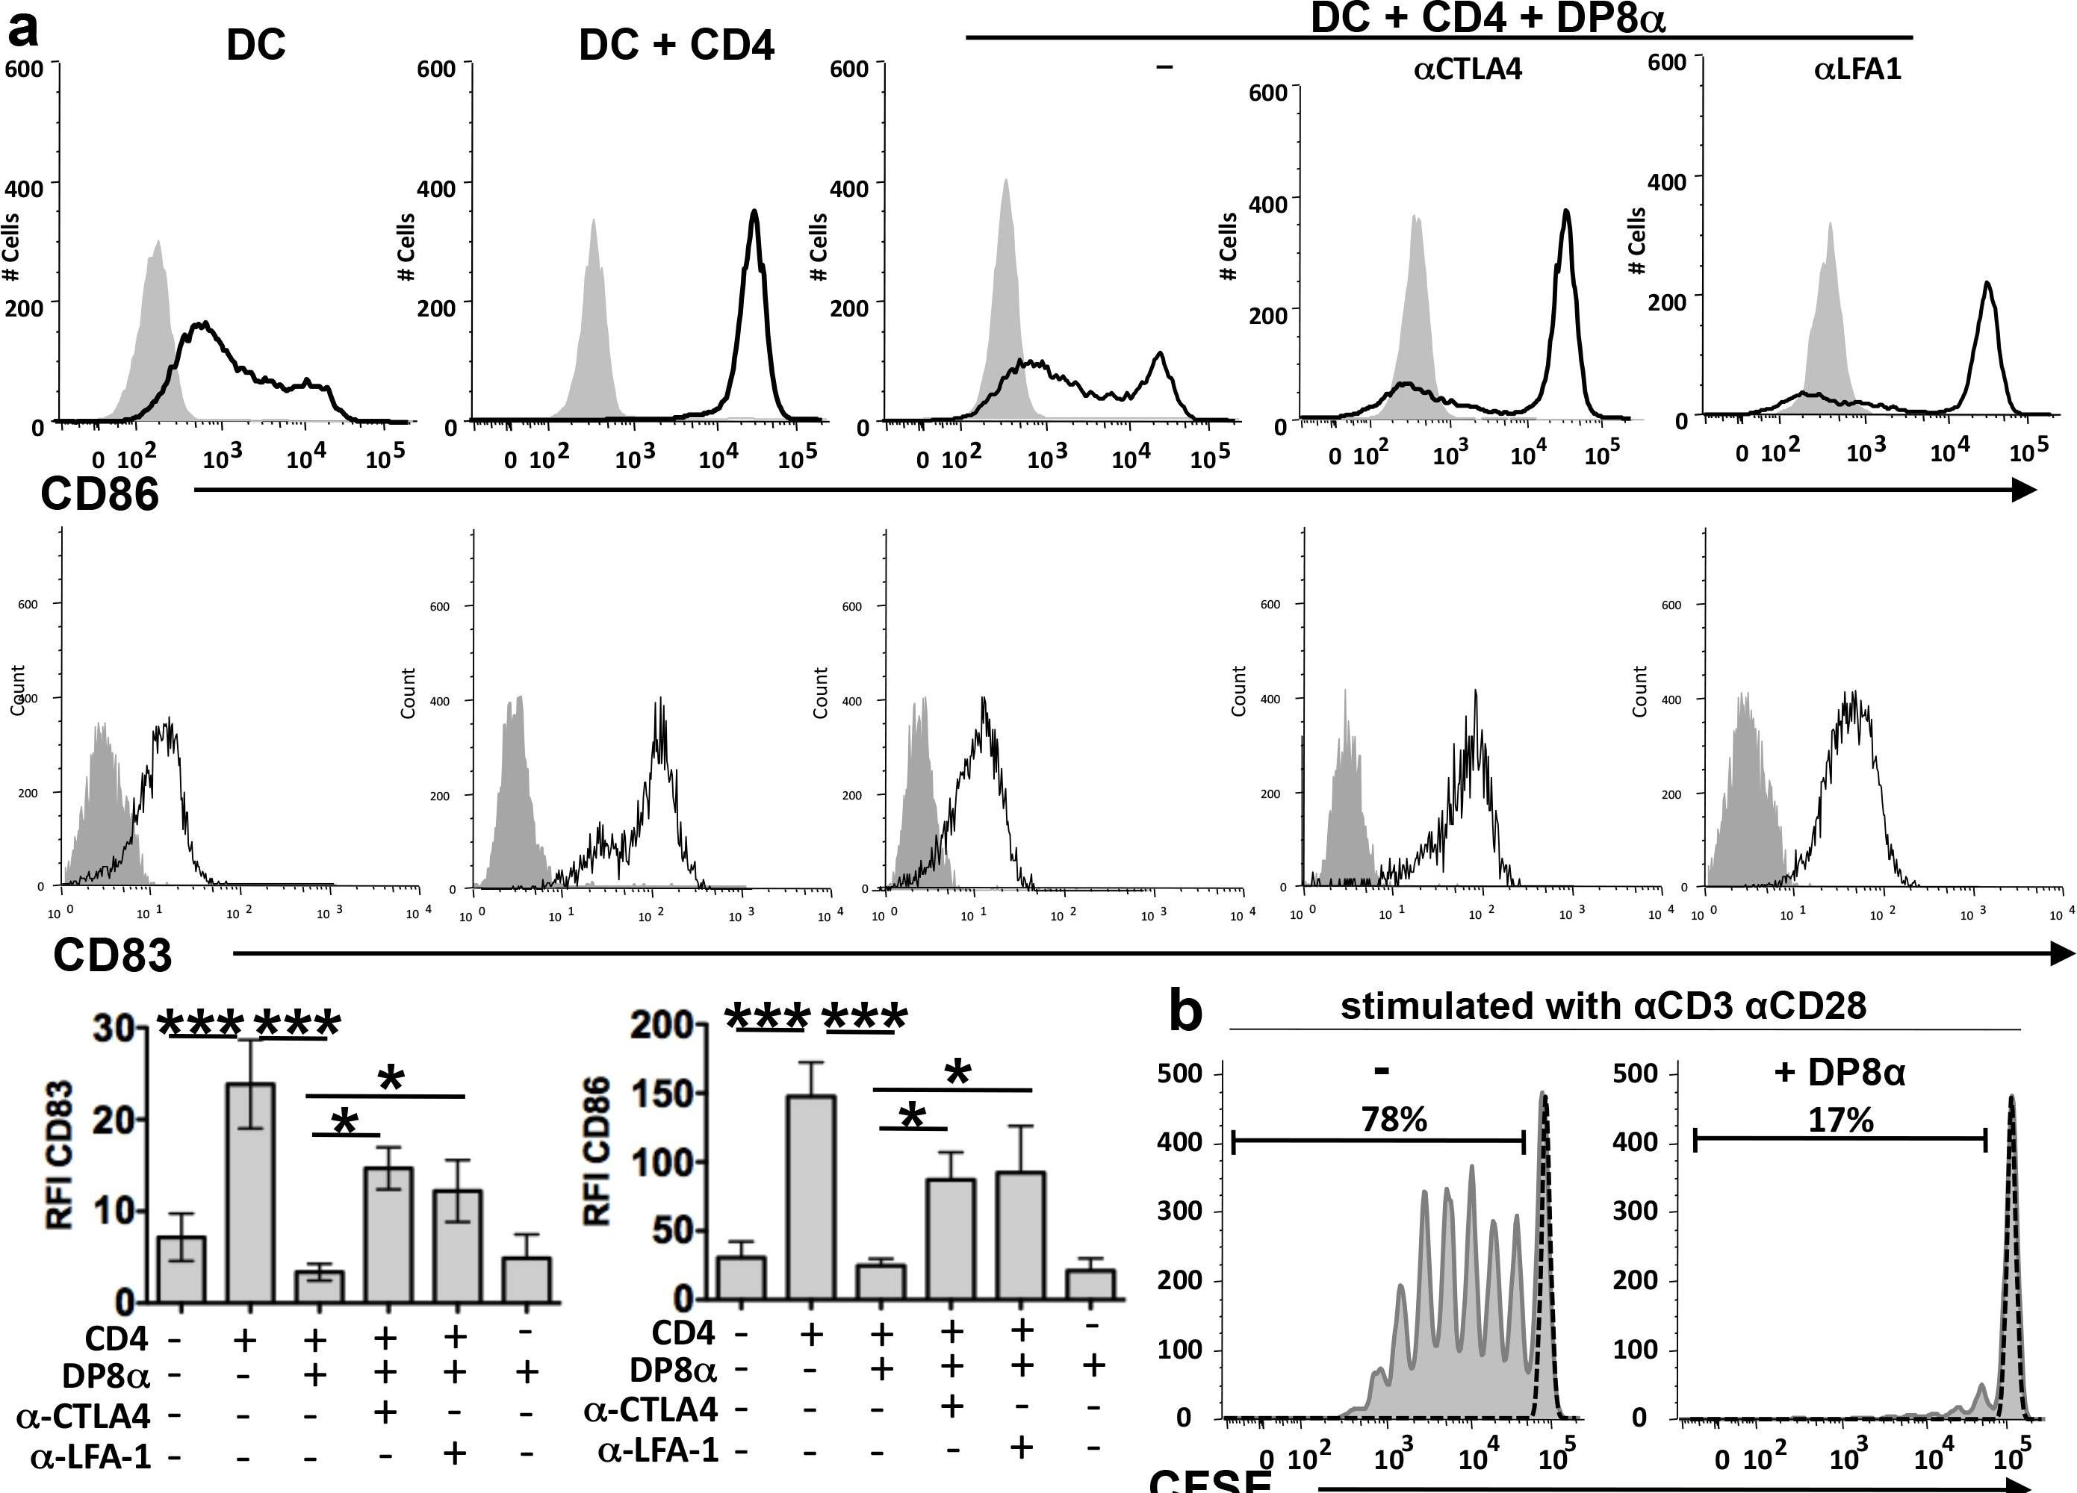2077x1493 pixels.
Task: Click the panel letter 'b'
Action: (x=1186, y=1012)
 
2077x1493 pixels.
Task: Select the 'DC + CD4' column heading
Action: (x=677, y=45)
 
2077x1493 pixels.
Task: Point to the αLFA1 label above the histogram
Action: (x=1857, y=69)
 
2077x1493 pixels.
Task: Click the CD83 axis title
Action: (x=112, y=955)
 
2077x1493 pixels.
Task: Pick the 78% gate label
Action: (x=1394, y=1118)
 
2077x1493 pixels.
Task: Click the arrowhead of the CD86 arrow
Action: (x=2023, y=490)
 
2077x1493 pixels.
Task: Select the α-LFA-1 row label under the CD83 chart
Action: (x=90, y=1456)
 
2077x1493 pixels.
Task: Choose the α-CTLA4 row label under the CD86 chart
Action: (x=651, y=1409)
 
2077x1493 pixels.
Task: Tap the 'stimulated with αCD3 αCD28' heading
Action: (x=1603, y=1006)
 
